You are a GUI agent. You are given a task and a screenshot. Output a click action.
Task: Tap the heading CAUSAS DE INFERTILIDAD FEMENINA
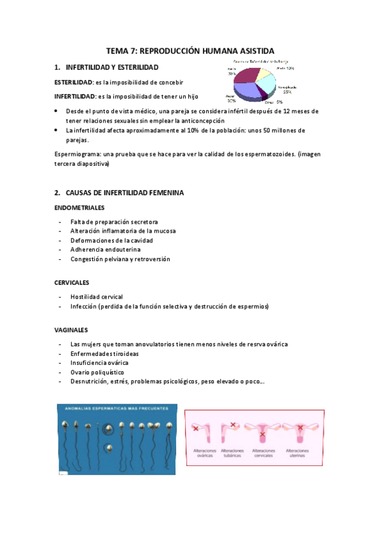tap(124, 192)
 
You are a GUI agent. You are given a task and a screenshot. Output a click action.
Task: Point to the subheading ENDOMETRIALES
tap(80, 207)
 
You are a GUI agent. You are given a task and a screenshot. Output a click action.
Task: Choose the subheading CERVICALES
tap(72, 282)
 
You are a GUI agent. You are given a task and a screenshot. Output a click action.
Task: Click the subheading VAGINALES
tap(71, 330)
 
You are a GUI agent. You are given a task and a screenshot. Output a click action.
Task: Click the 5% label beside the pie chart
tap(279, 102)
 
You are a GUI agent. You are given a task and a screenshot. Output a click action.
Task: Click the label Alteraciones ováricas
tap(205, 454)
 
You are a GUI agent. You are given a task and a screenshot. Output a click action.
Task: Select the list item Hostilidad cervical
tap(97, 297)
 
